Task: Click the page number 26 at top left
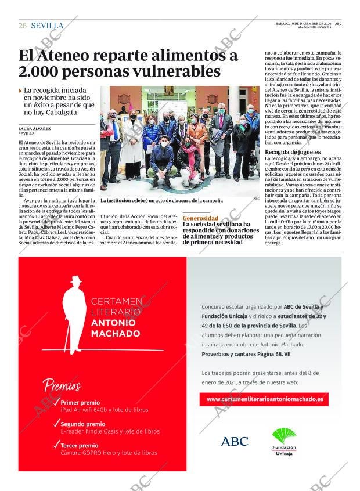coord(23,26)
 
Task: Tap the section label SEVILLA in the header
coord(47,26)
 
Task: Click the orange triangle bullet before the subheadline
coord(21,91)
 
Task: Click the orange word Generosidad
coord(201,218)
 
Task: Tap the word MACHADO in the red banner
coord(116,334)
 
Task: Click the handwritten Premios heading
coord(62,385)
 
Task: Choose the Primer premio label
coord(80,402)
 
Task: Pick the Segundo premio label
coord(83,424)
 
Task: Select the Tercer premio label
coord(80,445)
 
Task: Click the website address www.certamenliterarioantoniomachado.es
coord(264,399)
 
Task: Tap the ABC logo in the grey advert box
coord(235,441)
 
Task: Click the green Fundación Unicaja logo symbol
coord(284,435)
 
